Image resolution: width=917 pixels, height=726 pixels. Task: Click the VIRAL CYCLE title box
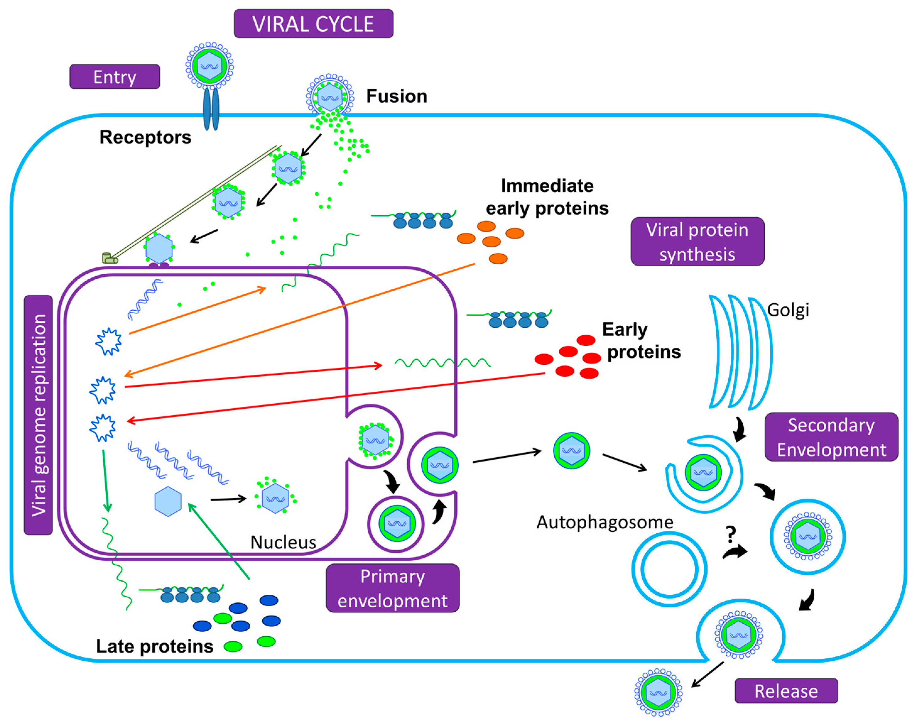(x=313, y=24)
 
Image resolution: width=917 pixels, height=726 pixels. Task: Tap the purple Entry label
(x=115, y=77)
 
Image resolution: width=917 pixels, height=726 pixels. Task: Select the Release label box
(x=786, y=691)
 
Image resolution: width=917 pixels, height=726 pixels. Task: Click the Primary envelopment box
(x=393, y=588)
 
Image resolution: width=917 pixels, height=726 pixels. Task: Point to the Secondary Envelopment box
(x=832, y=437)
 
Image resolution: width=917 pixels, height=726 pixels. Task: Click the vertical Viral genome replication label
(x=38, y=415)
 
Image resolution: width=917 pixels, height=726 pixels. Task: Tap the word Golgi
(x=788, y=310)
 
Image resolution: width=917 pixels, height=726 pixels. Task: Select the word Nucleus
(x=283, y=542)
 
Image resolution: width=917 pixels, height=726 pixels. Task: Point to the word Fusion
(x=396, y=96)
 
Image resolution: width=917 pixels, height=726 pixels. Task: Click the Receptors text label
(x=145, y=137)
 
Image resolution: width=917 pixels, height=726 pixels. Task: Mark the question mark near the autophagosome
(x=731, y=534)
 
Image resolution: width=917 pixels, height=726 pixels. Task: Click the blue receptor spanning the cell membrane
(x=211, y=108)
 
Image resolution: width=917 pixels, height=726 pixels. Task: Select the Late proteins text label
(x=155, y=647)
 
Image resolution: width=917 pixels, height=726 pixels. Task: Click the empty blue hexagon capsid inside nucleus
(x=168, y=502)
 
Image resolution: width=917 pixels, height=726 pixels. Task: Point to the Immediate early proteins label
(x=547, y=197)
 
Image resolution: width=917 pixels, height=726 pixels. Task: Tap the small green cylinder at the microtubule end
(x=110, y=258)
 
